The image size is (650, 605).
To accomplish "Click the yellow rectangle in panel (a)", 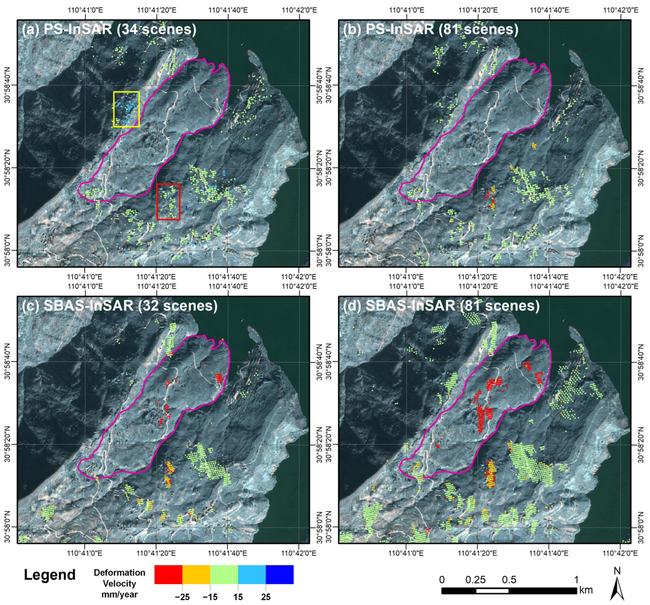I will pos(126,92).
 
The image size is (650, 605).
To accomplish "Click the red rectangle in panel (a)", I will pos(168,185).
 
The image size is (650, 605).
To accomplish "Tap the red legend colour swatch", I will pos(168,574).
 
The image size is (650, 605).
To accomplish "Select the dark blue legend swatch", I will pos(280,574).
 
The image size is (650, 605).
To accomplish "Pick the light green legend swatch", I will pos(224,574).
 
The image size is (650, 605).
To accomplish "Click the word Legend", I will pos(50,575).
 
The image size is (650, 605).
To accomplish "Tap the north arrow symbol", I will pos(617,589).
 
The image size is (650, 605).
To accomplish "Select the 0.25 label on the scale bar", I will pos(475,580).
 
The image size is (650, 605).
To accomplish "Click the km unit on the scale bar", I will pos(586,590).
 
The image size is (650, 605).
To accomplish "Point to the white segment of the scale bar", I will pos(492,591).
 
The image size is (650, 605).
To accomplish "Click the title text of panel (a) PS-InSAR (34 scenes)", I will pos(109,30).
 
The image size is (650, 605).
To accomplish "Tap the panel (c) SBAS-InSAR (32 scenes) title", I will pos(120,306).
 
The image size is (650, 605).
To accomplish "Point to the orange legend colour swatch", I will pos(196,574).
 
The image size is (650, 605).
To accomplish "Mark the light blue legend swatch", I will pos(252,574).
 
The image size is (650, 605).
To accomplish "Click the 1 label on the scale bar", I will pos(576,580).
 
